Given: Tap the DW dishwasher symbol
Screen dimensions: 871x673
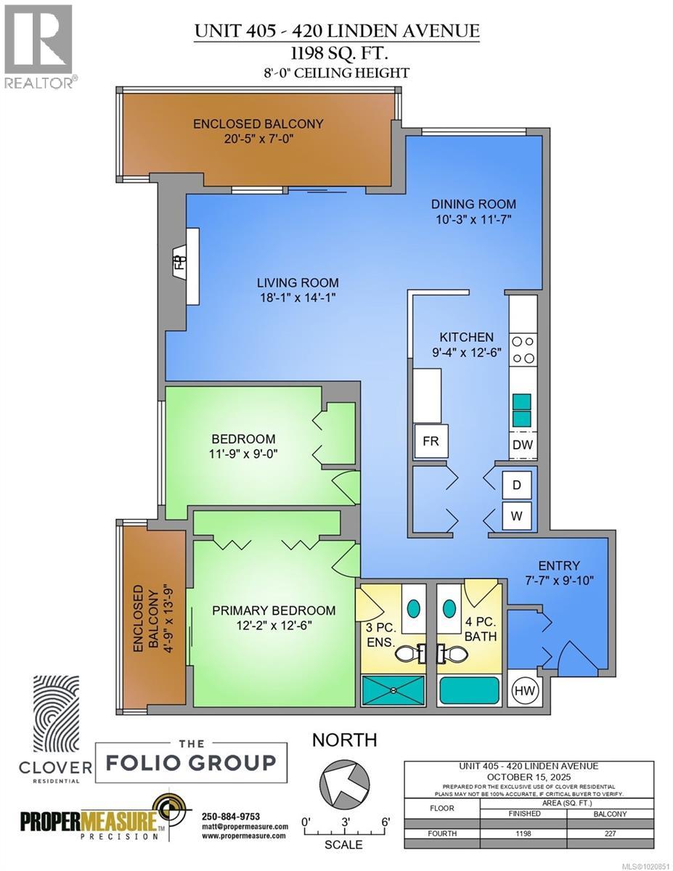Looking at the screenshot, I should coord(523,444).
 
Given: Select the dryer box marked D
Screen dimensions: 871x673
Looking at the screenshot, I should coord(517,485).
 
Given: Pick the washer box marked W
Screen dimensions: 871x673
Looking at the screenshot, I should coord(517,516).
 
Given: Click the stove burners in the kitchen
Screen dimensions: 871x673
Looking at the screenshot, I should coord(523,348).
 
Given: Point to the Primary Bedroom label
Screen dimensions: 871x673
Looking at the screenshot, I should coord(274,610).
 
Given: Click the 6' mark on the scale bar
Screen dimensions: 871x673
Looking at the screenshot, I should coord(385,821).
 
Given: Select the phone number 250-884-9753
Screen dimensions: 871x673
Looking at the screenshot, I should coord(230,817).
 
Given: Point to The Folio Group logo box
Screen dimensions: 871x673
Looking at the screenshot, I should coord(191,762).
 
